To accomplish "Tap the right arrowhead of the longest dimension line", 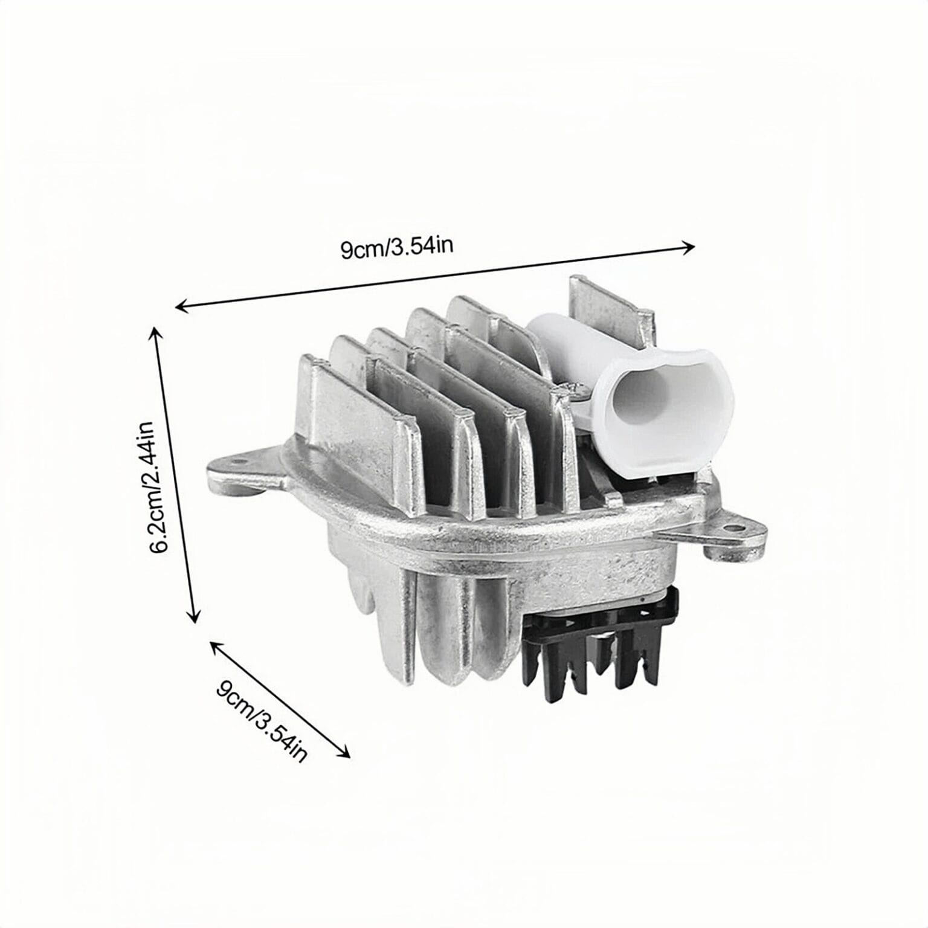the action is tap(689, 246).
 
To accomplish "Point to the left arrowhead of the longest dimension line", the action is tap(181, 307).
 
